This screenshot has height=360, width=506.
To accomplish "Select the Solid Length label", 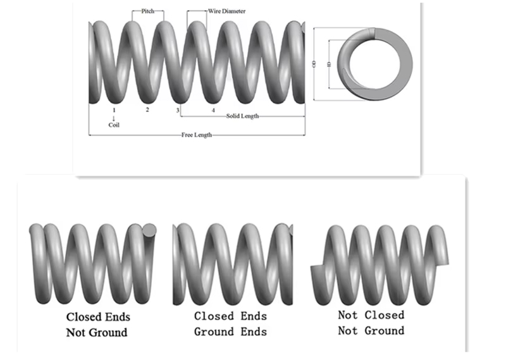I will [x=242, y=116].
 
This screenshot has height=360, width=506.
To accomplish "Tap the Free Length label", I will [x=196, y=135].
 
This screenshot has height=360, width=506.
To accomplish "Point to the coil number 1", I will [x=114, y=110].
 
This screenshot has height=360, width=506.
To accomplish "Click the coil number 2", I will [x=147, y=110].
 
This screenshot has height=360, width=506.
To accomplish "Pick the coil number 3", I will [x=178, y=111].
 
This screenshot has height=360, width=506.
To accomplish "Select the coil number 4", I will [x=213, y=110].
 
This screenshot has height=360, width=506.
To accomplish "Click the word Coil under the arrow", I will [x=114, y=125].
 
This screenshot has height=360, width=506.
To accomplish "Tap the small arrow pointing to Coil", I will [x=114, y=118].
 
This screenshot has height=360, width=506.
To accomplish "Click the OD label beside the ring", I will [x=314, y=63].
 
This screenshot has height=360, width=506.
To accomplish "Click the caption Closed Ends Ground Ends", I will [x=230, y=323].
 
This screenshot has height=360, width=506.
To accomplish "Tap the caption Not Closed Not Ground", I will [x=371, y=322].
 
